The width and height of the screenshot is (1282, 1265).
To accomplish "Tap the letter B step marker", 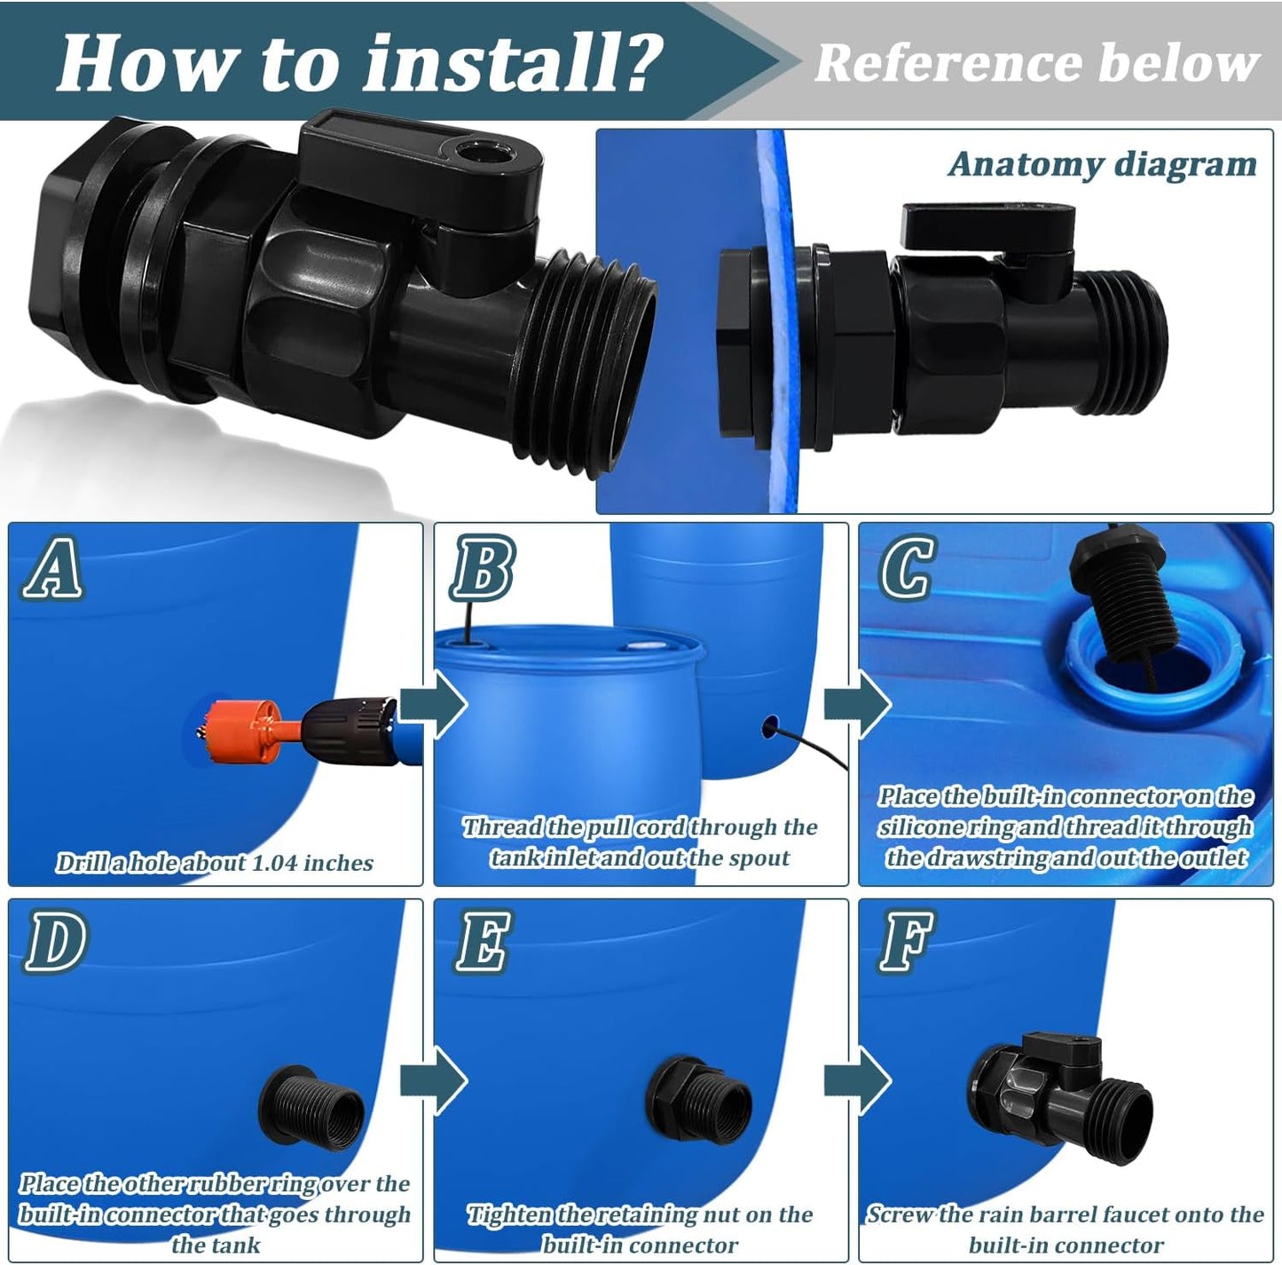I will tap(482, 570).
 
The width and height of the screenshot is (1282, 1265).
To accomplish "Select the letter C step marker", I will tap(906, 568).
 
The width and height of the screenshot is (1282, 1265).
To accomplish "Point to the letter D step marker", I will tap(55, 942).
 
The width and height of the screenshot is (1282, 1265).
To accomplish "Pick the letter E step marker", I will tap(483, 942).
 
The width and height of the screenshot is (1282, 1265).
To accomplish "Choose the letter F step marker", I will tap(906, 942).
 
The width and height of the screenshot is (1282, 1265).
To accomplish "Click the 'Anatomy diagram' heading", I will tap(1102, 164).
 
